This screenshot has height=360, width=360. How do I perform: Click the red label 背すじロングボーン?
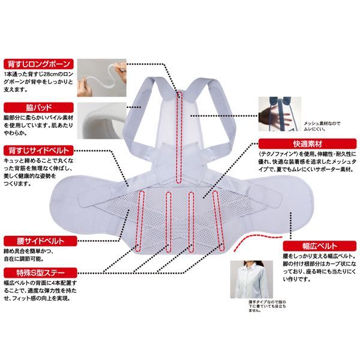[37, 62]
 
